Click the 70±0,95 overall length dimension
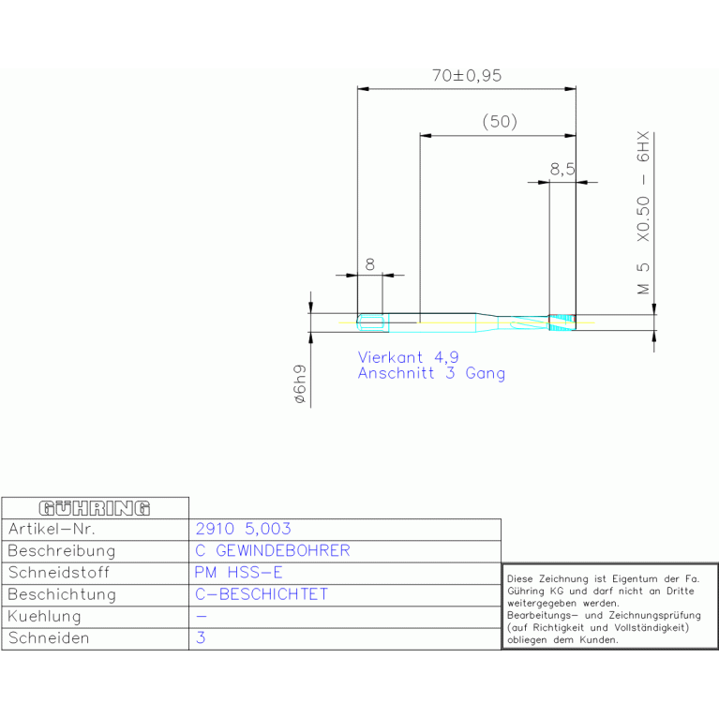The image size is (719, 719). point(467,75)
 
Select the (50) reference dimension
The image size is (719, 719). point(500,122)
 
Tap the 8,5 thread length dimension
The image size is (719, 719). point(562,169)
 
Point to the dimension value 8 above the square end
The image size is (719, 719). point(369,264)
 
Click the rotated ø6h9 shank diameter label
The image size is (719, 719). point(299,384)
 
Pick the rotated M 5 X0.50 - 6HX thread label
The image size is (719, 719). point(643,213)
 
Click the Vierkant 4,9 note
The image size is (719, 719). point(408,357)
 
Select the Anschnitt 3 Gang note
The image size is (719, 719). point(431,373)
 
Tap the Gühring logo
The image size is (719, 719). point(95,508)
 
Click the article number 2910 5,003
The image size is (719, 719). point(243,529)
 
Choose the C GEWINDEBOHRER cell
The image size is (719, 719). point(273,550)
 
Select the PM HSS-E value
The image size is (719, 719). point(238,572)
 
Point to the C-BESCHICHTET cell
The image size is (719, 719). point(262,594)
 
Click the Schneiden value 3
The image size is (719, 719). point(201,637)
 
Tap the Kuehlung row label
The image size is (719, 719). point(44,616)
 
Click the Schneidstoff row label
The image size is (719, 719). point(59,572)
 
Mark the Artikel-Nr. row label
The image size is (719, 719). point(52,529)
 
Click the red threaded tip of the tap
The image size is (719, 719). point(562,322)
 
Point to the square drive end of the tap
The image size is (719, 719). point(373,322)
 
